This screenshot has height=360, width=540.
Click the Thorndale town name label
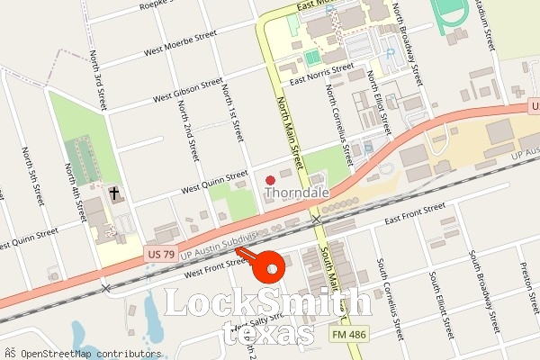(x=296, y=193)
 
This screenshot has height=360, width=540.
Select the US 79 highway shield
(x=160, y=256)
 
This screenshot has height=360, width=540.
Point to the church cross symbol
(x=115, y=193)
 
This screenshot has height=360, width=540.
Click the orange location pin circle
(x=268, y=267)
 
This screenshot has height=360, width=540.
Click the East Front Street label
(x=414, y=214)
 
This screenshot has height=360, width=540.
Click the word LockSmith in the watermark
(x=266, y=303)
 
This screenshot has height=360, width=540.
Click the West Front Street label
(x=214, y=265)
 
